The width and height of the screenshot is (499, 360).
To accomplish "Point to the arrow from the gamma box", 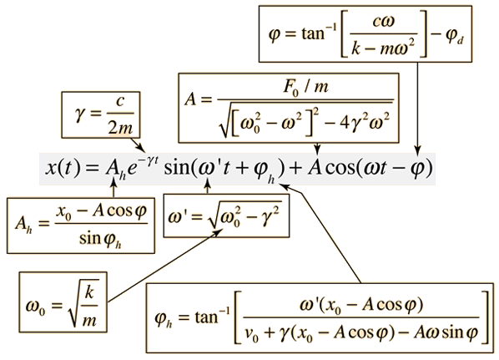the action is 138,145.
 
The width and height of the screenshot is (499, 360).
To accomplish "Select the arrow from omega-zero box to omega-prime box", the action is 165,266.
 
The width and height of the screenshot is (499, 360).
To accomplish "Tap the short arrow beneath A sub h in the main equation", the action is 113,188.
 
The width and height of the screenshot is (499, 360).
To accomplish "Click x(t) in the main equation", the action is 63,168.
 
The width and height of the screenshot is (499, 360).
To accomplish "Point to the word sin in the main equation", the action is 177,168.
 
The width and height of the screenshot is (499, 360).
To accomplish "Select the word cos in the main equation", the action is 340,168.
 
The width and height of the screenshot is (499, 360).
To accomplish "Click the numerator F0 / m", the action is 305,87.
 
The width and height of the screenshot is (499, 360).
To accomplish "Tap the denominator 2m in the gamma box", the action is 120,128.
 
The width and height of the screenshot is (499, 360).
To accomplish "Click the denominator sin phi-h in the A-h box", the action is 100,239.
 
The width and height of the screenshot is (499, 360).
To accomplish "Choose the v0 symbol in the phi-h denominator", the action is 252,334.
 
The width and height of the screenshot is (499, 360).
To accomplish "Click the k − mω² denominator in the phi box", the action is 383,48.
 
